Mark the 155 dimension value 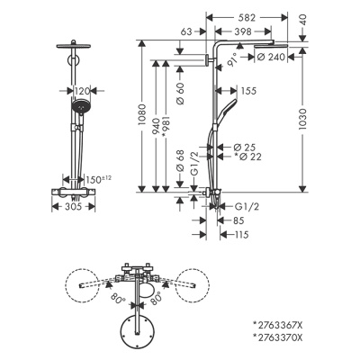click(248, 91)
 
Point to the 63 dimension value click(186, 31)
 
